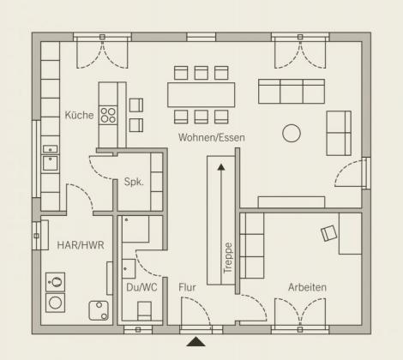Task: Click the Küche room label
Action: tap(79, 115)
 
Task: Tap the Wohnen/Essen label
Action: tap(212, 137)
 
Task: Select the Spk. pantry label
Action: tap(134, 182)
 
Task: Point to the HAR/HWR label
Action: tap(81, 245)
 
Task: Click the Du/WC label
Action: tap(141, 287)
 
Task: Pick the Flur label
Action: tap(187, 287)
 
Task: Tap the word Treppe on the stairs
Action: tap(228, 258)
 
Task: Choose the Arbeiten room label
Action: tap(307, 287)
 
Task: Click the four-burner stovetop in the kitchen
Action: tap(108, 115)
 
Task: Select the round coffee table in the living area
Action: tap(292, 133)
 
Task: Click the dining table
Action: tap(201, 95)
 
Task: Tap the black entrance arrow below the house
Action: tap(195, 342)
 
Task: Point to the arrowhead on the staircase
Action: tap(221, 167)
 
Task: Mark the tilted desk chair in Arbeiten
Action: tap(328, 233)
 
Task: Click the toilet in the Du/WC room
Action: tap(145, 311)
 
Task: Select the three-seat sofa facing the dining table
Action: tap(292, 92)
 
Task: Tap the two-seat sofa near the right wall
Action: tap(339, 133)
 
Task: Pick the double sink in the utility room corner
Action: tap(99, 310)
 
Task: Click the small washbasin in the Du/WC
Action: tap(129, 269)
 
